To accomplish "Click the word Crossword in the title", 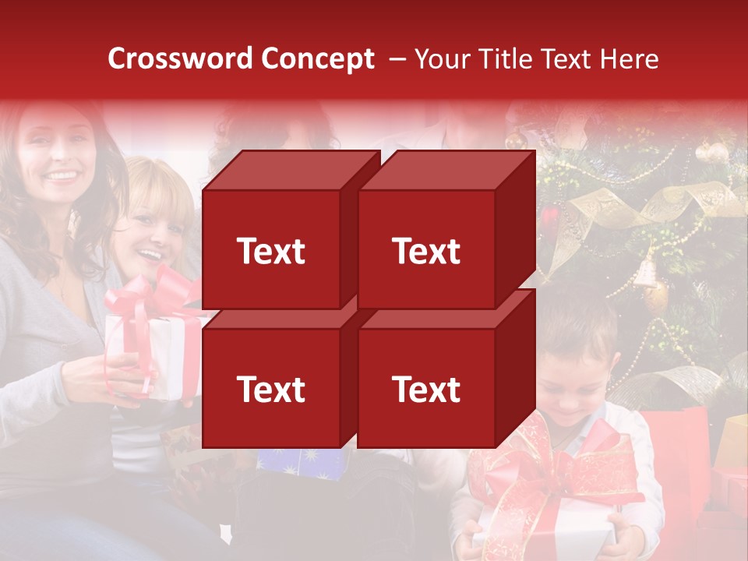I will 181,59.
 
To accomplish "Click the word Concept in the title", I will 317,59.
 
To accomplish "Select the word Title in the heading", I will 504,59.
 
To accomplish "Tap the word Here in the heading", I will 629,59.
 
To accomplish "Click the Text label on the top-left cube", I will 271,251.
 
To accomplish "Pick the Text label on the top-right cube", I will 426,251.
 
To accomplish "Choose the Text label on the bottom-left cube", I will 271,389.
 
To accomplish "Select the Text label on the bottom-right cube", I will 426,389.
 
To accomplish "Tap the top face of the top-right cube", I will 446,170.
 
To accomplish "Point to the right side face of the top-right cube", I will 515,230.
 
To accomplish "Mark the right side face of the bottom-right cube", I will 515,368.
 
